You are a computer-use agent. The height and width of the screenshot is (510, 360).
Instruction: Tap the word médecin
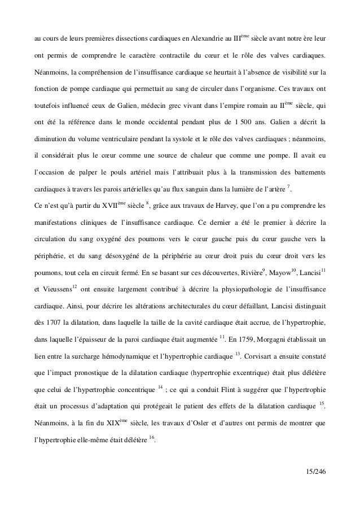point(154,107)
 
